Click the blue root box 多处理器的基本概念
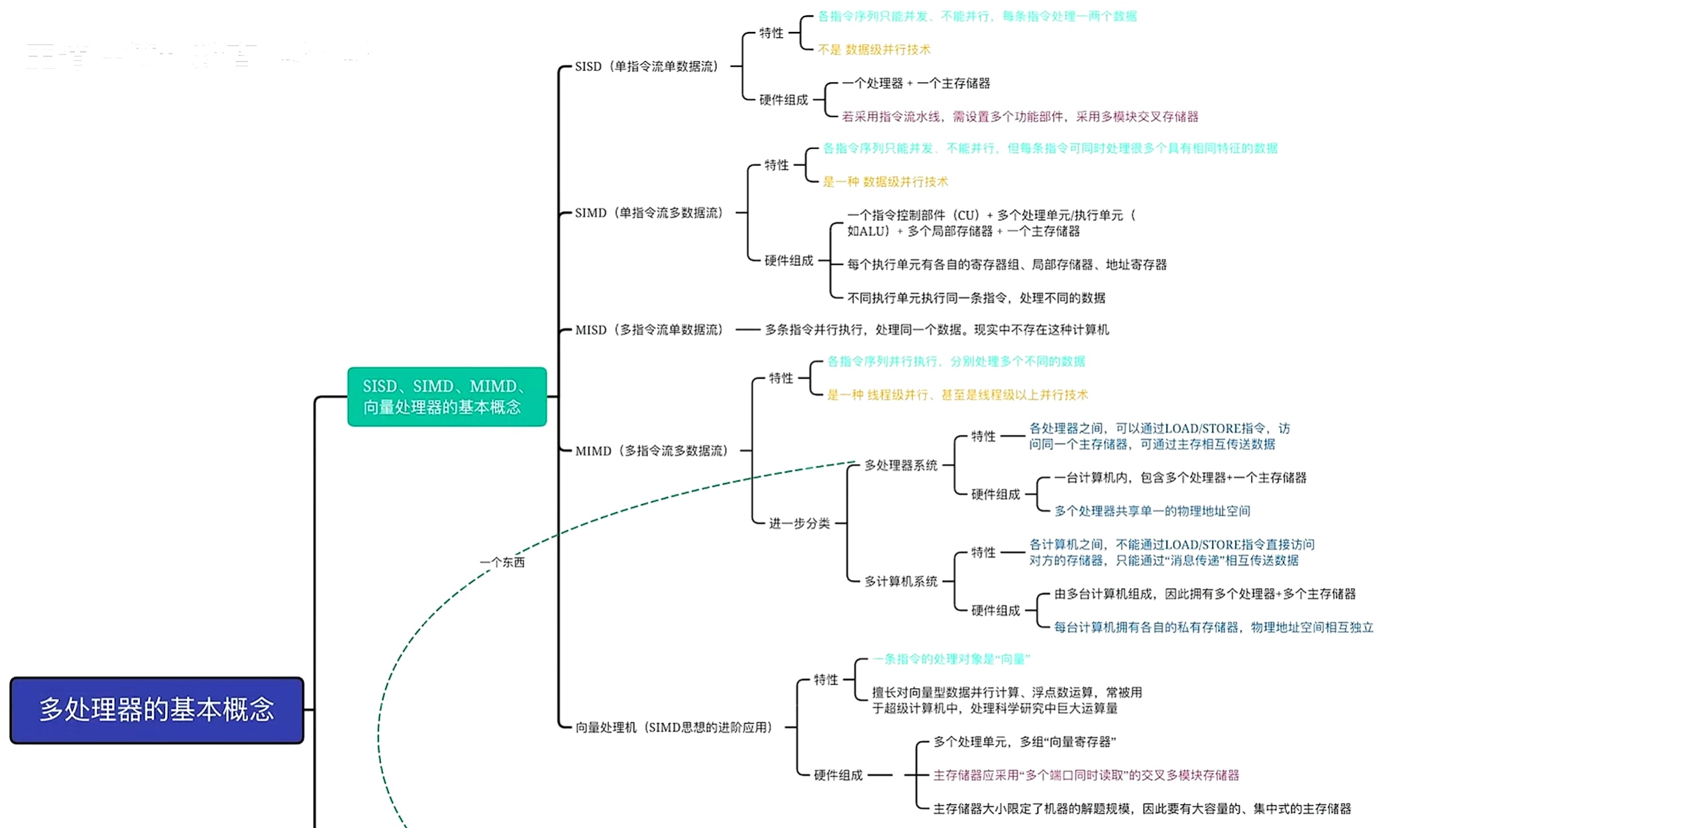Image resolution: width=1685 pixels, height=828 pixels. [157, 710]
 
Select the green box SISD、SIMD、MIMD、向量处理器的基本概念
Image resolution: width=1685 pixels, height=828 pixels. [447, 396]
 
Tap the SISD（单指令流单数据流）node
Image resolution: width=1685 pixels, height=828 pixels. [647, 66]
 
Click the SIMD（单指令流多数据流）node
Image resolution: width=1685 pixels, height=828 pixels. [649, 213]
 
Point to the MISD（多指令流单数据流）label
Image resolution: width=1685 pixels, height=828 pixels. [649, 329]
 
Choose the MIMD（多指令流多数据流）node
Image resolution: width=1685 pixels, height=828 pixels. [651, 451]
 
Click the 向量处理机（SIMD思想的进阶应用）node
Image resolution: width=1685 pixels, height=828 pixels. [673, 727]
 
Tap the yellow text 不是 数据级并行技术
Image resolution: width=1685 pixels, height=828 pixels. [874, 50]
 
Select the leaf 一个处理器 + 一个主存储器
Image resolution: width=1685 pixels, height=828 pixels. [916, 84]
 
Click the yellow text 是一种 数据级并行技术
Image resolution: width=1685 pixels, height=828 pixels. [885, 182]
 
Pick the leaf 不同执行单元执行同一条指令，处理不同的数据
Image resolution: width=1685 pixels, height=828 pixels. [976, 298]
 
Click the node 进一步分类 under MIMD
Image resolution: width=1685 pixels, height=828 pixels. [799, 524]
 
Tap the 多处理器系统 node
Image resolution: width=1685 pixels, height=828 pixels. [900, 465]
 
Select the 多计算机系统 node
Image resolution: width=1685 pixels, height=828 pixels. [900, 581]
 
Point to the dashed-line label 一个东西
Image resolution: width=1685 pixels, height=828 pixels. [502, 562]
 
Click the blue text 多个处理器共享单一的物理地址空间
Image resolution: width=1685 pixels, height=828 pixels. [1152, 511]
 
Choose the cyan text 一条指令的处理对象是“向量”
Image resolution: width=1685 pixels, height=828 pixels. [951, 659]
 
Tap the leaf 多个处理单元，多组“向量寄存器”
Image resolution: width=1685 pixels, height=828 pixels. [1024, 742]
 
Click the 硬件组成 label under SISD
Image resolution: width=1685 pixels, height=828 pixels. [783, 100]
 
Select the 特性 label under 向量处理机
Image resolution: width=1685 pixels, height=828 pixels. [826, 680]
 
